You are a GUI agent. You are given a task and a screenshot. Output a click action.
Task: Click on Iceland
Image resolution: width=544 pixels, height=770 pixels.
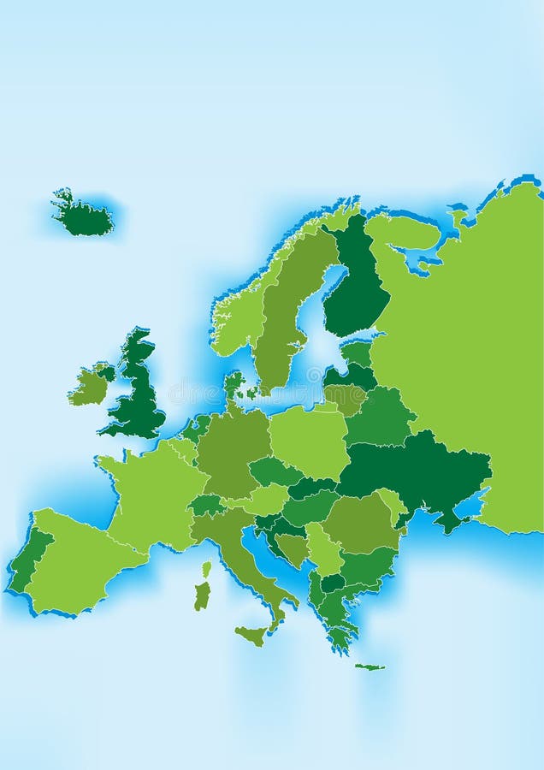pyautogui.click(x=83, y=217)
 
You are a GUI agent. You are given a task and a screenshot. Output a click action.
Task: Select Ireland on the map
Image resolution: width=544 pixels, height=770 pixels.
pyautogui.click(x=89, y=387)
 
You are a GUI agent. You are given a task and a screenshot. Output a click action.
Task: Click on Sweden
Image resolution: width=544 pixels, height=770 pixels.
pyautogui.click(x=282, y=317)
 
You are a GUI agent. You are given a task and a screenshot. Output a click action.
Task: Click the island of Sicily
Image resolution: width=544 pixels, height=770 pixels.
pyautogui.click(x=252, y=634)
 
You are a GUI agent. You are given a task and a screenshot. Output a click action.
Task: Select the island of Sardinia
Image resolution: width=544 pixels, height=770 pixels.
pyautogui.click(x=202, y=595)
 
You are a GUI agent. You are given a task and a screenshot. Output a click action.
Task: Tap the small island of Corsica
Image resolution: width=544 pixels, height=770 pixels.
pyautogui.click(x=206, y=569)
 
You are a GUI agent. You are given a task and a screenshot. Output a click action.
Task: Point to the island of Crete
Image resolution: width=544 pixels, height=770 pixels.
pyautogui.click(x=370, y=666)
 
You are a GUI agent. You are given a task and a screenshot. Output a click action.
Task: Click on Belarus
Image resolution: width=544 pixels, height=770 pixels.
pyautogui.click(x=380, y=416)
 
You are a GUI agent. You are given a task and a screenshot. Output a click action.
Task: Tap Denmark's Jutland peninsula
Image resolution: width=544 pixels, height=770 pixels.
pyautogui.click(x=233, y=385)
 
